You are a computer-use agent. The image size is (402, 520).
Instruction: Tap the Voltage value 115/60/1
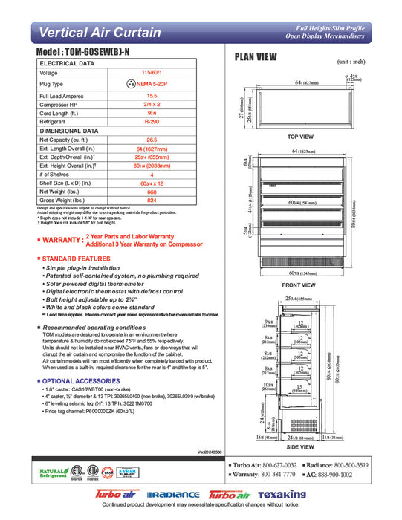tap(152, 73)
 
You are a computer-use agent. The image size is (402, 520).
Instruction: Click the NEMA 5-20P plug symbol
tap(129, 85)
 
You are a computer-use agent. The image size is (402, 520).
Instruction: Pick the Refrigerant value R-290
tap(152, 120)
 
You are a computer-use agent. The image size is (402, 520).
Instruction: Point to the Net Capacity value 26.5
tap(152, 139)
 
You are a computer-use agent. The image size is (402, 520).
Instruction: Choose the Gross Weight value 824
tap(152, 201)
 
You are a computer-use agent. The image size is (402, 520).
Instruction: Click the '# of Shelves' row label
tap(56, 174)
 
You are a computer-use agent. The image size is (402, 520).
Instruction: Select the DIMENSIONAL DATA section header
tap(71, 130)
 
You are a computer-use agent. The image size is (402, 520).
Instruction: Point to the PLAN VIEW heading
tap(256, 56)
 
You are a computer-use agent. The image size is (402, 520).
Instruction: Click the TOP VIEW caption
tap(300, 137)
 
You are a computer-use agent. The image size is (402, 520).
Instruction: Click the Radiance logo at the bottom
tap(172, 495)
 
